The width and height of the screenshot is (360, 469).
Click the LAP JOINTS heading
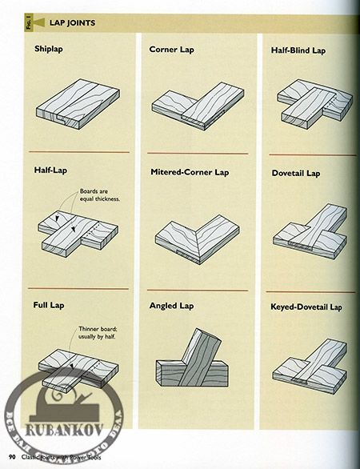[73, 23]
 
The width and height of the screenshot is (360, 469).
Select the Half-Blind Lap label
[298, 50]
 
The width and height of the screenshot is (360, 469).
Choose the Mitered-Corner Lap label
[189, 172]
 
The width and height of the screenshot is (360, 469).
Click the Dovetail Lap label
[296, 173]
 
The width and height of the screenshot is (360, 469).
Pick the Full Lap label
[49, 305]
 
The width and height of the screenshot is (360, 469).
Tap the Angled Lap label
[171, 306]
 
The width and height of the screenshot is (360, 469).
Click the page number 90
[13, 457]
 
